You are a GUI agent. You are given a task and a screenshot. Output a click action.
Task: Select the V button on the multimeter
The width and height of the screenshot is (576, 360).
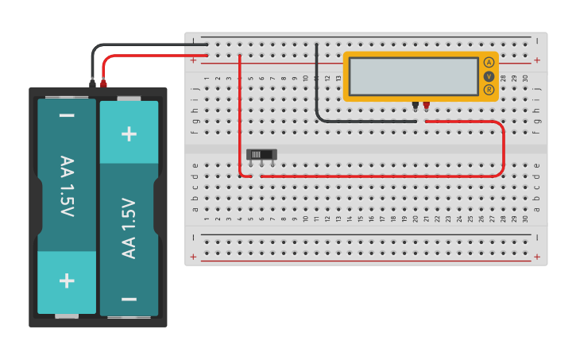coord(489,76)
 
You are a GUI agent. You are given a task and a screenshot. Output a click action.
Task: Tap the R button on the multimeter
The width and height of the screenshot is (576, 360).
coord(489,90)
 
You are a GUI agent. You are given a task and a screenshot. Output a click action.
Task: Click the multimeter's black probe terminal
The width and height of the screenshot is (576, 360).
coord(415,105)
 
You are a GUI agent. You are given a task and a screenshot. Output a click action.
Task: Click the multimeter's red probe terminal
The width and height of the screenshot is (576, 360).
coord(426,105)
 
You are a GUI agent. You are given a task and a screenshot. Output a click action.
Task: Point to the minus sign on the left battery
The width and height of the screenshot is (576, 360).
coord(67,116)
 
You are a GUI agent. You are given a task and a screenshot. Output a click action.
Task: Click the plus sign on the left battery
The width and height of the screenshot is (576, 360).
coord(67,281)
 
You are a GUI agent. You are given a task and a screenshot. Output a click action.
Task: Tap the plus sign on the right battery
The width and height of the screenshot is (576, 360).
coord(129,133)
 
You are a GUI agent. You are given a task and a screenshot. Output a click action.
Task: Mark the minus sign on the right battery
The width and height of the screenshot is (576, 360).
coord(129,299)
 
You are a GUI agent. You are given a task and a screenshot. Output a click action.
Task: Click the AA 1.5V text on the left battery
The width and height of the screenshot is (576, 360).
coord(67,187)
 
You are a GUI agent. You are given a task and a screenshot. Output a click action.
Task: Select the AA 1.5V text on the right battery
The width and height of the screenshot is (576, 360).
coord(129,228)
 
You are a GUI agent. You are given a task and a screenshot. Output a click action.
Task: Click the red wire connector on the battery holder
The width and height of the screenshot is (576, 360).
coord(103,82)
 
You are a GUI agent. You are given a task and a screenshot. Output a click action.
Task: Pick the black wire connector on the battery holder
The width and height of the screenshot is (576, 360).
coord(93,82)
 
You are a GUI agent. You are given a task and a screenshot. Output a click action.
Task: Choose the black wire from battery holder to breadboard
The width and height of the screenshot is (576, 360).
coord(143,45)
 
